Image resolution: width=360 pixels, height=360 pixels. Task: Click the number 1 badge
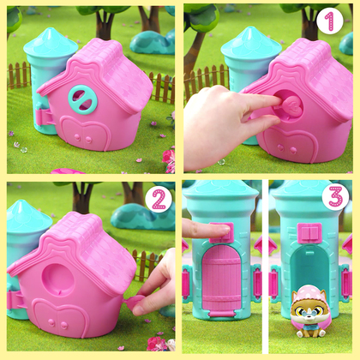pos(329,21)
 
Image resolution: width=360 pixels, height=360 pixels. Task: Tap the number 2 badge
pos(158,200)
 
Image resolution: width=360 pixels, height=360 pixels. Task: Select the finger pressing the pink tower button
pos(198,227)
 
